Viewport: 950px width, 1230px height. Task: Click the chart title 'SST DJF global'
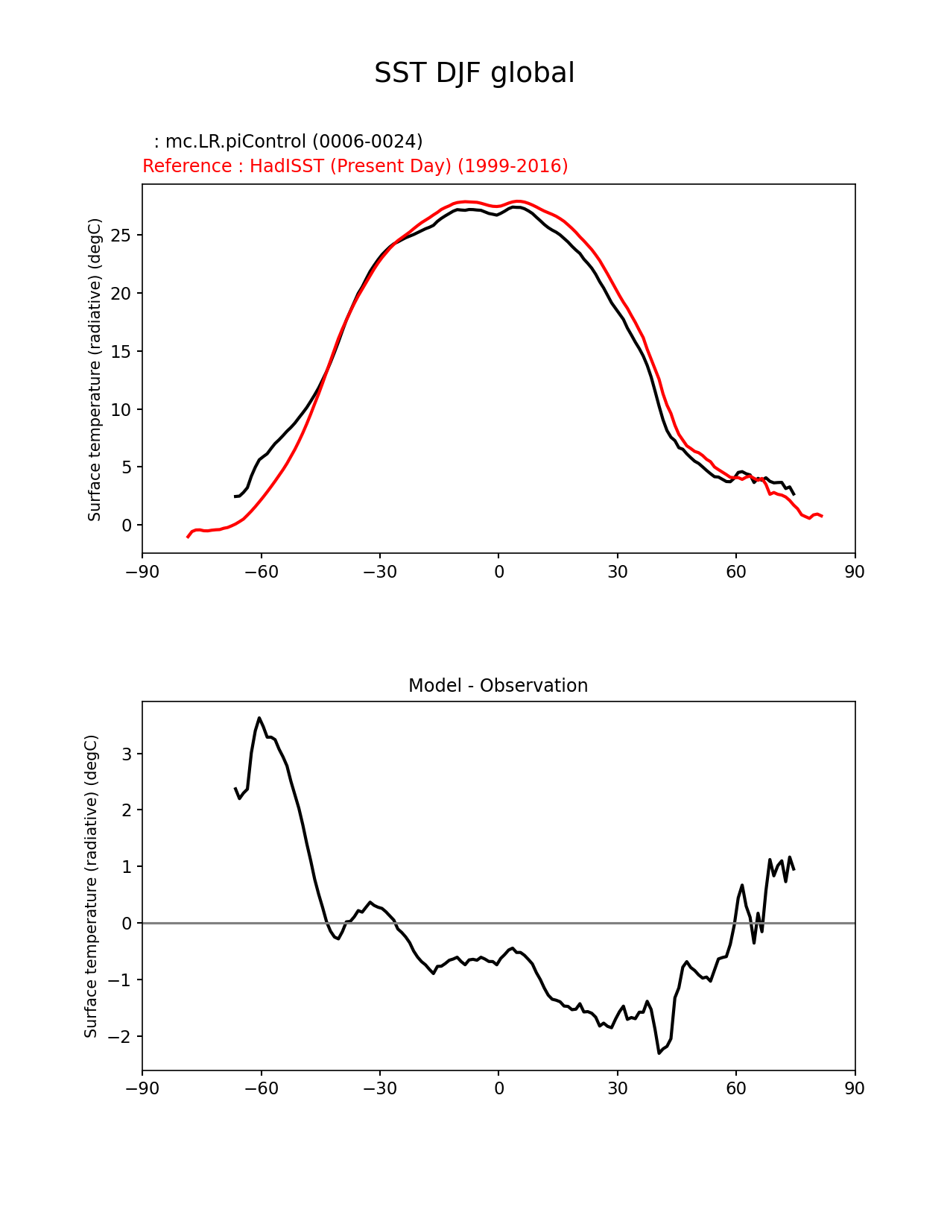click(474, 73)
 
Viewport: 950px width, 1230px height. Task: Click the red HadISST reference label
click(355, 166)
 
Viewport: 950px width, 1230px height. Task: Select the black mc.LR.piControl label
click(288, 142)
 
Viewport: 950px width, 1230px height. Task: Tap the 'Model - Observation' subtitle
click(498, 686)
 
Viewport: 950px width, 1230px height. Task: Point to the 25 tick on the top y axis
click(122, 236)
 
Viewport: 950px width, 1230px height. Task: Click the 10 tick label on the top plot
click(122, 410)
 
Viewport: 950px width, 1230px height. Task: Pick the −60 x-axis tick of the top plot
click(261, 572)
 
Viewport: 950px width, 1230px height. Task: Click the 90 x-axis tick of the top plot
click(855, 572)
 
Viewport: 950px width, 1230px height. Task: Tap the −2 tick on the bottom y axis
click(121, 1037)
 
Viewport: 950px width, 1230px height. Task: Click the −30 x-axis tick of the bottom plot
click(379, 1089)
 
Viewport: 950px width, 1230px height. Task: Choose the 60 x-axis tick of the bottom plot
click(736, 1089)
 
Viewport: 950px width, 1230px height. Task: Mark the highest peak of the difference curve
click(259, 718)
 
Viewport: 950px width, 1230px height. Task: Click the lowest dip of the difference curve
click(659, 1053)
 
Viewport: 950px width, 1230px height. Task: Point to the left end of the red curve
click(188, 537)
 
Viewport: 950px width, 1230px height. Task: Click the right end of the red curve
click(821, 516)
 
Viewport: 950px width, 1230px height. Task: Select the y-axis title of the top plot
click(95, 370)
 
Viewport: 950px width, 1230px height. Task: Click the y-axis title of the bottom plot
click(91, 886)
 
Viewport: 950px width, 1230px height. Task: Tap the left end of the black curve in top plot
click(235, 496)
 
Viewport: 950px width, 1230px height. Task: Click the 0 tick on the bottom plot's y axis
click(127, 924)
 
